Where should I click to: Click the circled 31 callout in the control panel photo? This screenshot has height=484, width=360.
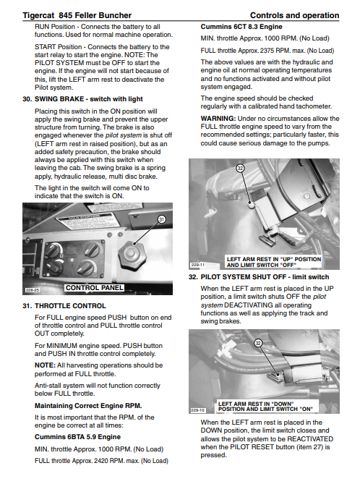pos(161,219)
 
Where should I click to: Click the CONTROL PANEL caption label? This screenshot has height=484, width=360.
pos(95,288)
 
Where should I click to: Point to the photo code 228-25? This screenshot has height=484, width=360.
pos(32,290)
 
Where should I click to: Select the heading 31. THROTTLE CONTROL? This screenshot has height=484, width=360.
pos(64,306)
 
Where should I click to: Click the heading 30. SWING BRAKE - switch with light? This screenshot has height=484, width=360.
pos(82,99)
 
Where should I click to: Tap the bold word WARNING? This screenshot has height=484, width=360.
pos(218,119)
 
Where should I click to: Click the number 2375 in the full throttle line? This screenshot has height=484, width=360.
pos(267,51)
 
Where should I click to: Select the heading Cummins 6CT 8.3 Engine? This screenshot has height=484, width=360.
pos(241,27)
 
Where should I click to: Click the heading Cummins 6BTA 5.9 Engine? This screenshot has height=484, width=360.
pos(78,437)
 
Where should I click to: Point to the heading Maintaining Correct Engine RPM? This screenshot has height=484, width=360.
pos(88,406)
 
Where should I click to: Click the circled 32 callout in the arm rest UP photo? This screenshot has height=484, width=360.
pos(240,169)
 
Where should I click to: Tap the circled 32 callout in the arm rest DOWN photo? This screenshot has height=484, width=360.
pos(258,343)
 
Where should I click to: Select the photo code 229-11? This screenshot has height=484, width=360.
pos(198,265)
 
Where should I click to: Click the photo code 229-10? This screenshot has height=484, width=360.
pos(198,410)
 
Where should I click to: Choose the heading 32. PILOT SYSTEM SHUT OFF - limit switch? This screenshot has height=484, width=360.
pos(259,277)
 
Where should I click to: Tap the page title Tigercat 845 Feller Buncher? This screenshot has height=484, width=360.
pos(77,15)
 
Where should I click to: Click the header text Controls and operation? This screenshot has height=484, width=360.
pos(295,15)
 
